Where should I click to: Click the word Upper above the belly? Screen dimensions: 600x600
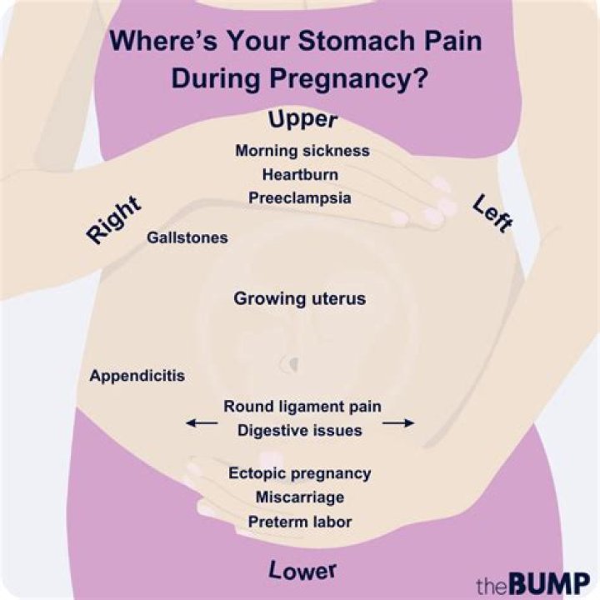click(x=302, y=120)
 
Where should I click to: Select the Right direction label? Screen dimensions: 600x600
click(x=113, y=222)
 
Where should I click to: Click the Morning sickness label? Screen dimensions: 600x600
click(x=302, y=151)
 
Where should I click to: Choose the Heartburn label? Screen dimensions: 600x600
click(x=300, y=175)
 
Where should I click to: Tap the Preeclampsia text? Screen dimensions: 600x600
click(x=300, y=198)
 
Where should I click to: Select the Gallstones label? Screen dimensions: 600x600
click(x=187, y=237)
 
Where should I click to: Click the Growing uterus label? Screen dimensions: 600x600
click(x=299, y=298)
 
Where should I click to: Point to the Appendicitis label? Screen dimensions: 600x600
click(x=137, y=375)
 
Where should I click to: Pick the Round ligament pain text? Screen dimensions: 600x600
click(x=302, y=407)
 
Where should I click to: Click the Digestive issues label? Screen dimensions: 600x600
click(x=300, y=430)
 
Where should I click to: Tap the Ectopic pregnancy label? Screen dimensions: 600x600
click(x=300, y=472)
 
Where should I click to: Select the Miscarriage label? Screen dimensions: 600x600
click(x=300, y=497)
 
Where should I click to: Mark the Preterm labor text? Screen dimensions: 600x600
click(x=300, y=522)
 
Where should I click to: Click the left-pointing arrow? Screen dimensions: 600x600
click(x=201, y=423)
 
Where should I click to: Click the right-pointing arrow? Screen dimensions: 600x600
click(x=398, y=423)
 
